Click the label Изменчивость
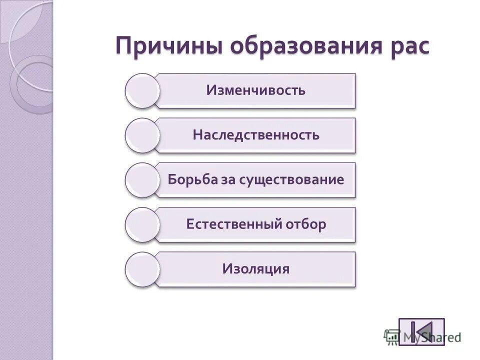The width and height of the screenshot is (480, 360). pyautogui.click(x=255, y=90)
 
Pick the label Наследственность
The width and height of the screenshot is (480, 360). pyautogui.click(x=255, y=135)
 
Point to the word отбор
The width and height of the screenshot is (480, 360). pyautogui.click(x=305, y=224)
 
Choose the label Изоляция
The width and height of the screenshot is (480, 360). pyautogui.click(x=255, y=268)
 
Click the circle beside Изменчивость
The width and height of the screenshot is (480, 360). pyautogui.click(x=142, y=90)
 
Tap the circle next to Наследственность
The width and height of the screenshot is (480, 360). pyautogui.click(x=142, y=135)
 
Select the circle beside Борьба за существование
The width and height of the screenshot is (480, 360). pyautogui.click(x=142, y=179)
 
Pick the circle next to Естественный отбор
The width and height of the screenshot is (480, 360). pyautogui.click(x=142, y=224)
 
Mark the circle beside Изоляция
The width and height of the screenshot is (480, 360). pyautogui.click(x=142, y=269)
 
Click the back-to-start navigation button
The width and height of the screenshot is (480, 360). pyautogui.click(x=421, y=331)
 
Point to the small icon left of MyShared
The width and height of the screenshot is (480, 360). pyautogui.click(x=391, y=336)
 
